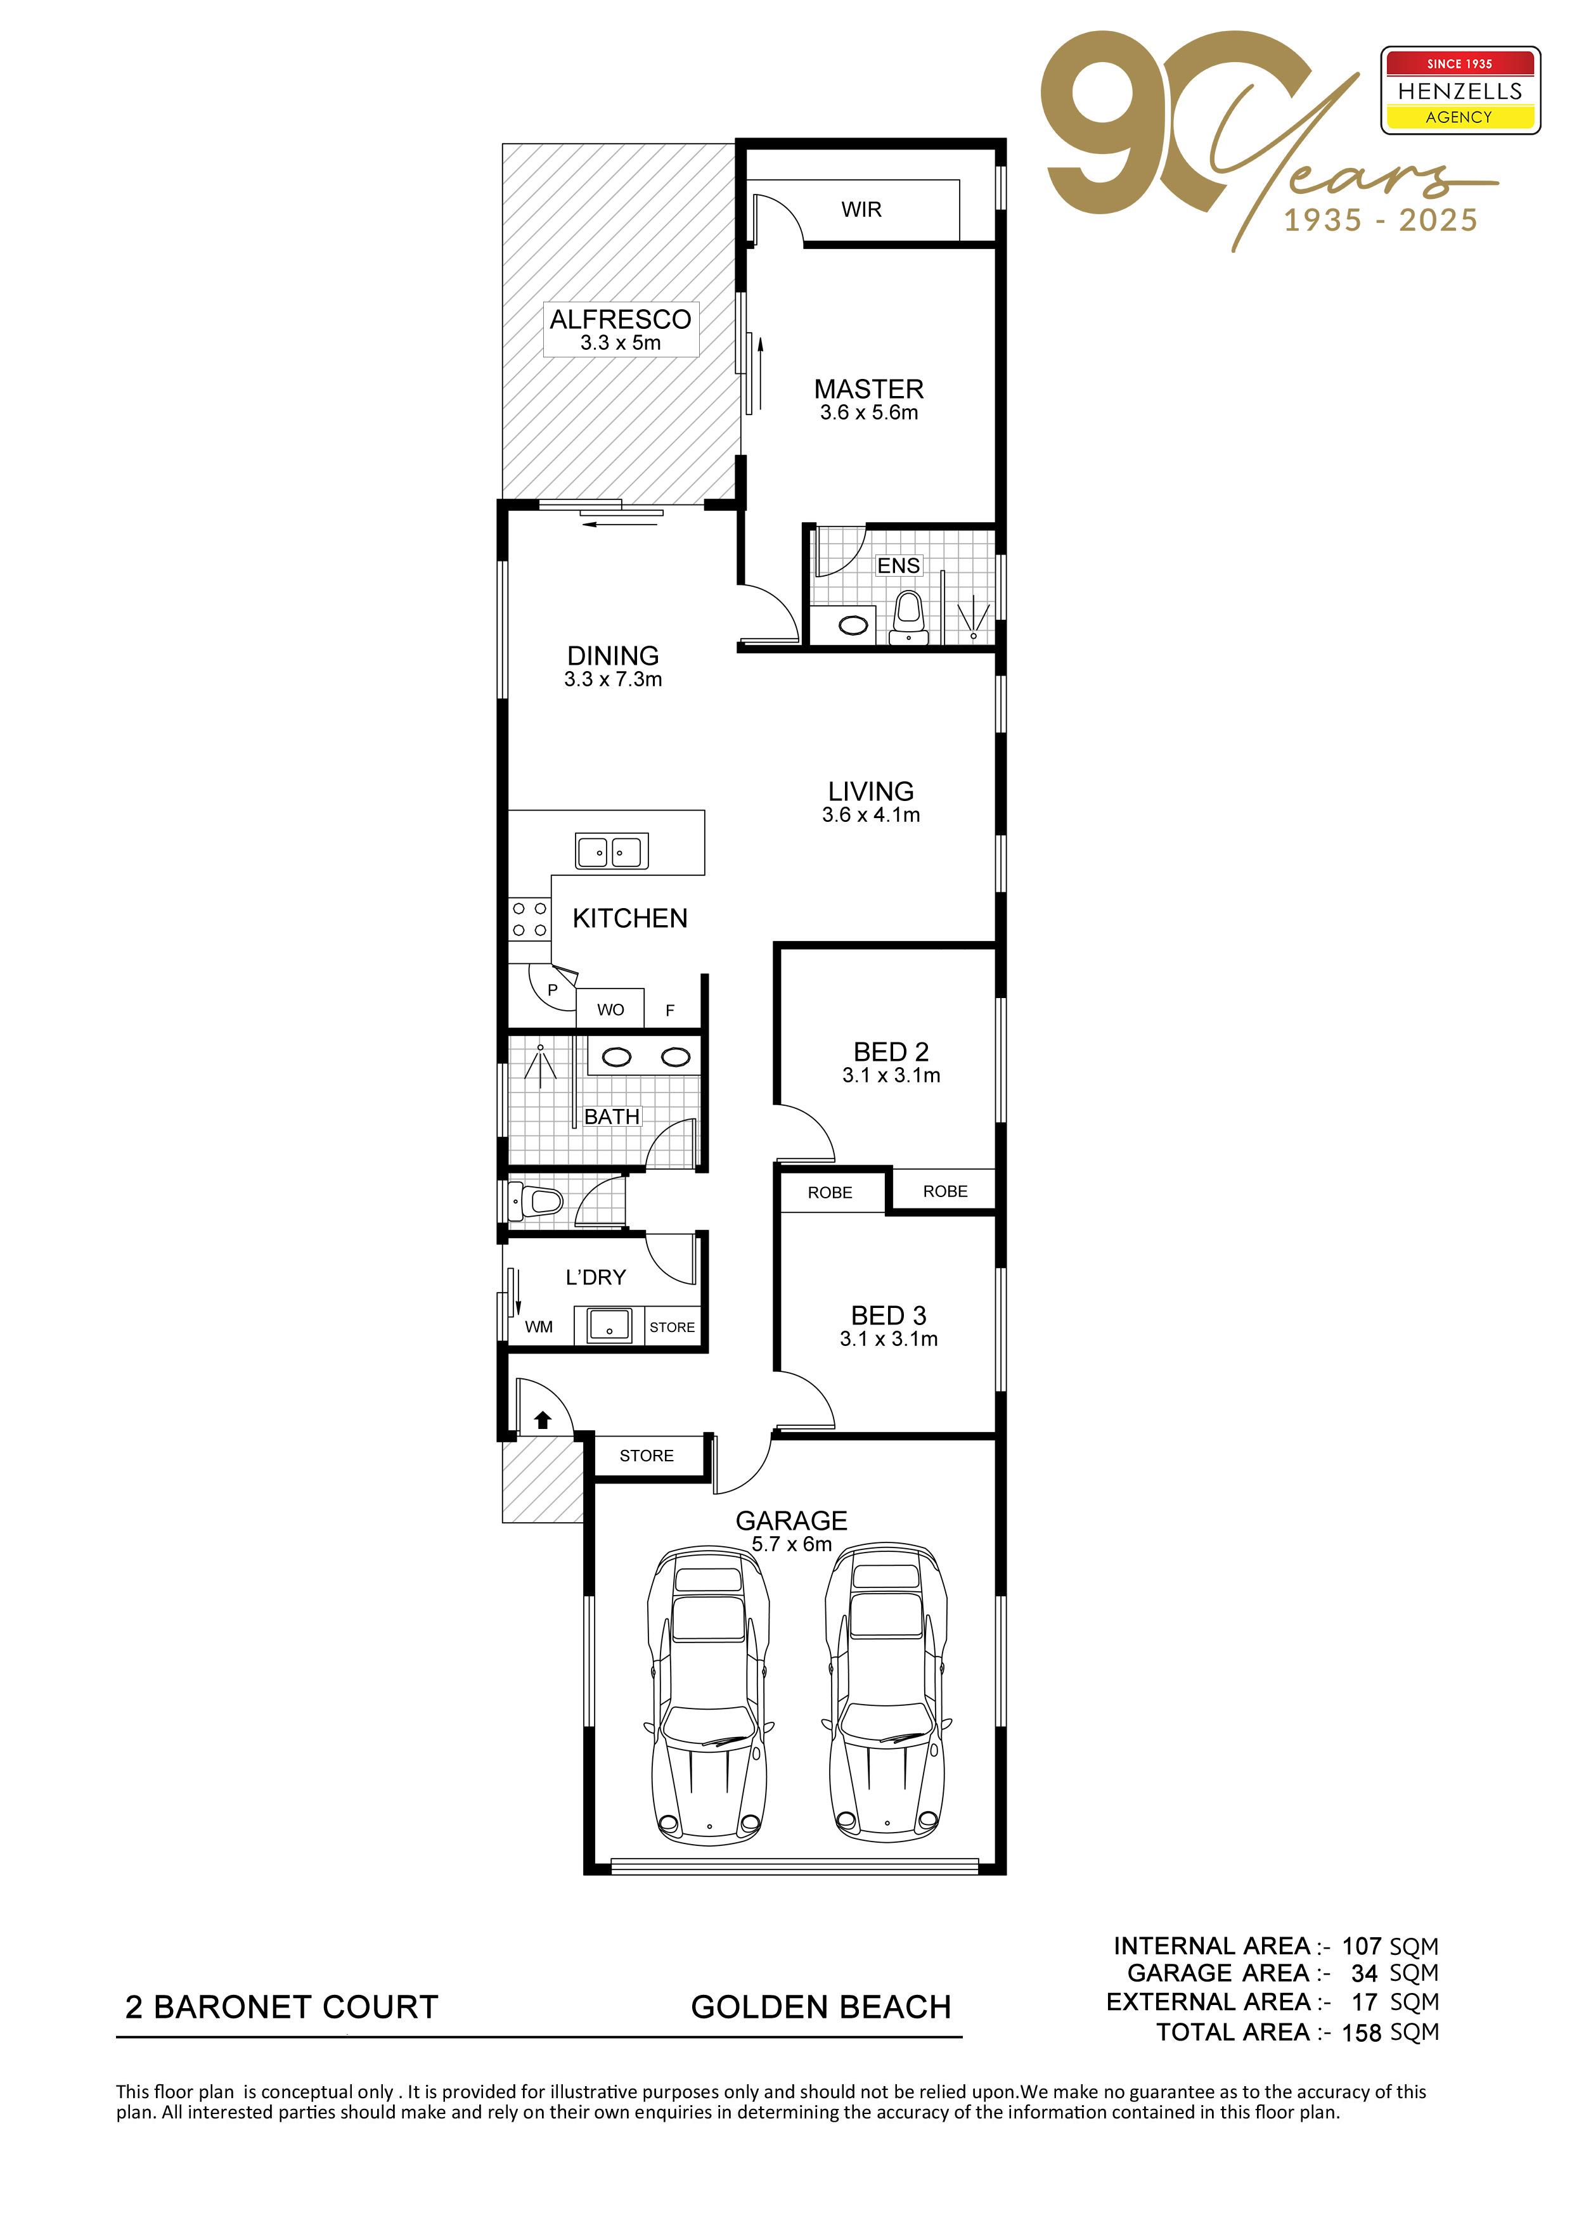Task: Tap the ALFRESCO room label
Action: tap(621, 319)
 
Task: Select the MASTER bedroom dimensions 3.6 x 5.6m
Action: tap(869, 413)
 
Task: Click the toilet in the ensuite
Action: tap(908, 616)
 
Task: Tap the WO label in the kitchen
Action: tap(610, 1010)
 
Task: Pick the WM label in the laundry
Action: tap(539, 1326)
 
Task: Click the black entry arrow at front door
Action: tap(543, 1420)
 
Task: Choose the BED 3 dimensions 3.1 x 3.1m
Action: tap(889, 1339)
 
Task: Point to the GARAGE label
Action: tap(791, 1520)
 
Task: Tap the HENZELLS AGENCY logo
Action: tap(1460, 90)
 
